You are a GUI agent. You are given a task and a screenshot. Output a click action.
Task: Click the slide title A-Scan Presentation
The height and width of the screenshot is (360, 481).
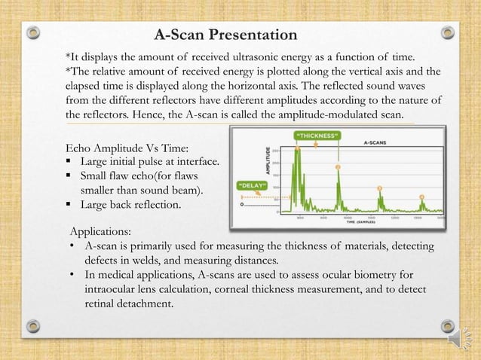point(225,35)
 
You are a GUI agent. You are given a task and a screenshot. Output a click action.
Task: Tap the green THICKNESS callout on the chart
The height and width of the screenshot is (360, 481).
point(317,136)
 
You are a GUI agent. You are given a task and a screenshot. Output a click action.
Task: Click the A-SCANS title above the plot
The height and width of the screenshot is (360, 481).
point(376,141)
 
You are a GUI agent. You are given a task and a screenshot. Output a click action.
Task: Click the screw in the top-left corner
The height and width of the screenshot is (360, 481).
point(32,33)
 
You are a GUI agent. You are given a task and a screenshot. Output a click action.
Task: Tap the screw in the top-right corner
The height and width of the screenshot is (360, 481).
point(447,33)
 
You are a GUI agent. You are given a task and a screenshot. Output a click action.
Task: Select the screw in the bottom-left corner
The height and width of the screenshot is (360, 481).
point(32,326)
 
